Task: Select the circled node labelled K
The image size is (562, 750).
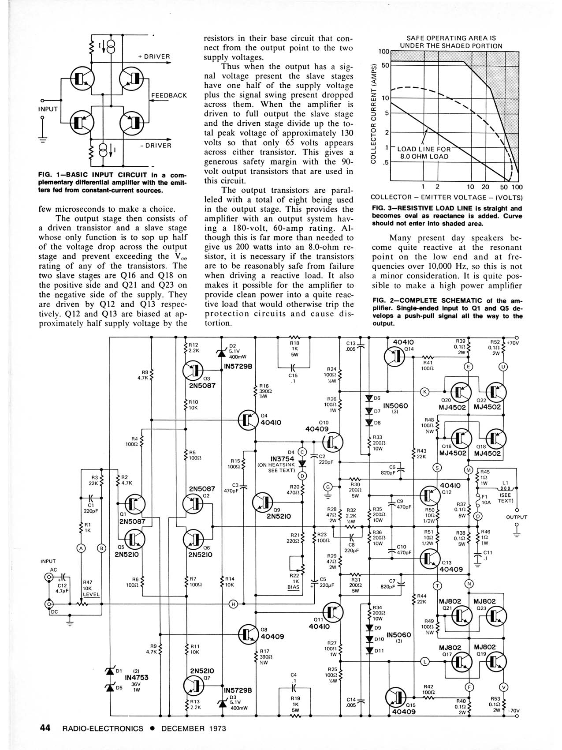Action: pos(425,391)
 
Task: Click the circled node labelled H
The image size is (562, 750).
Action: pos(233,604)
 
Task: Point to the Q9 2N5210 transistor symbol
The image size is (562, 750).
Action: pos(263,502)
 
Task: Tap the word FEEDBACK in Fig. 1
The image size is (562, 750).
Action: pos(169,95)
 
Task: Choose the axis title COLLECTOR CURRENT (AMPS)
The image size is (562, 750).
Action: pos(374,113)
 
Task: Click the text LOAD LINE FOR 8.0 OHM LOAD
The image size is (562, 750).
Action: pos(424,153)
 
